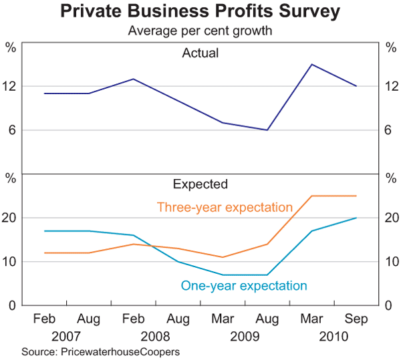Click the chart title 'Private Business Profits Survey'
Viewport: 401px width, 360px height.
[x=200, y=12]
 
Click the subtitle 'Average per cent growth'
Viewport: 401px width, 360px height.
[x=200, y=31]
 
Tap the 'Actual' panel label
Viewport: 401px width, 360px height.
[x=200, y=53]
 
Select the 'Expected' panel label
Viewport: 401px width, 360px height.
[x=200, y=184]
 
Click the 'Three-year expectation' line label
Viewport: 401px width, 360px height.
[x=225, y=208]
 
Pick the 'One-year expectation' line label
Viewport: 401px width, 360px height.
[x=244, y=286]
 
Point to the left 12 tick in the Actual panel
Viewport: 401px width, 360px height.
[x=11, y=86]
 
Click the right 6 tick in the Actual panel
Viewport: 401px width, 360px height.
[x=390, y=130]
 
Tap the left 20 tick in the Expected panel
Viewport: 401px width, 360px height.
[x=11, y=218]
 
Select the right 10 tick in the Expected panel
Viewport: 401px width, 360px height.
[x=390, y=262]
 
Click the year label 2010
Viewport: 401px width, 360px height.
[x=334, y=335]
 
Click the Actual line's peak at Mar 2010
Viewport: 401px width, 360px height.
[x=311, y=64]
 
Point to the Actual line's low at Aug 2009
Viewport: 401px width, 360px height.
[x=267, y=130]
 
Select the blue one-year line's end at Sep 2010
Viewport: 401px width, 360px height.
[x=356, y=218]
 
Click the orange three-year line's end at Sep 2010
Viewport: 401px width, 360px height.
[x=356, y=196]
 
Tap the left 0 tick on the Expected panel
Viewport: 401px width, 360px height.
[x=11, y=305]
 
